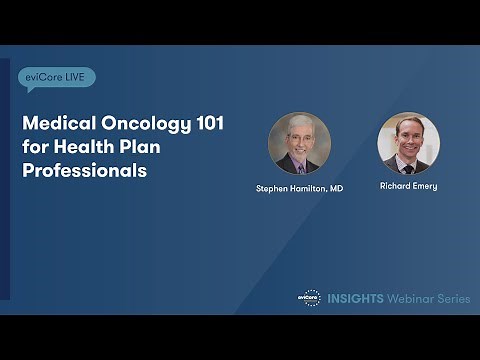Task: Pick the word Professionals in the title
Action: click(85, 170)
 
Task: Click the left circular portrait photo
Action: click(300, 144)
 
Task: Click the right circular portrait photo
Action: click(408, 143)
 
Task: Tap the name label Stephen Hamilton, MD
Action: click(300, 188)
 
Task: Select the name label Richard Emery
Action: click(408, 186)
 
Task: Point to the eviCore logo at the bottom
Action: click(309, 297)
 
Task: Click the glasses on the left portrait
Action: click(300, 137)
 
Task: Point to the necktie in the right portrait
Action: click(408, 164)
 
